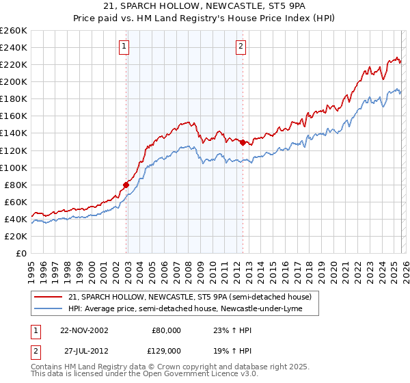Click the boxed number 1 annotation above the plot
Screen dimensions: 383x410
coord(124,47)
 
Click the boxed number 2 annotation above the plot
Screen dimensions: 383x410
coord(241,47)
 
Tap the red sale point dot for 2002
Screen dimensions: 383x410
coord(126,185)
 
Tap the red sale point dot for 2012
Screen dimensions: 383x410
coord(243,142)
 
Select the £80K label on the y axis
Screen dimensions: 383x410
coord(15,185)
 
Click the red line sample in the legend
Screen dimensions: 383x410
coord(49,297)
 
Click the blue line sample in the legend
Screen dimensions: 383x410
coord(49,309)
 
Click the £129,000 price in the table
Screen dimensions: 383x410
coord(166,349)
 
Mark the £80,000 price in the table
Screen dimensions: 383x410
coord(166,330)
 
